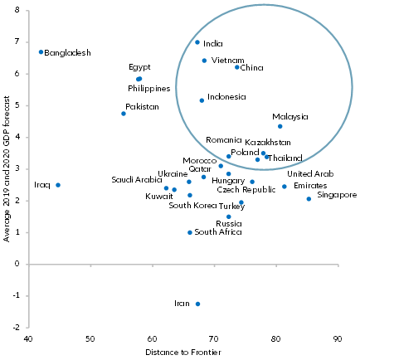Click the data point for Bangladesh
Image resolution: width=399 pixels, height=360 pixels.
[x=41, y=51]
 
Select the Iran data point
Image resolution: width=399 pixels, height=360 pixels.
[x=197, y=304]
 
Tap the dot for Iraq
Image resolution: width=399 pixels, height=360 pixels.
[x=57, y=185]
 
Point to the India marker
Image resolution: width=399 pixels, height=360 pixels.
[x=197, y=42]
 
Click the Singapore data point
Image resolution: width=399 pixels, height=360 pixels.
[x=309, y=199]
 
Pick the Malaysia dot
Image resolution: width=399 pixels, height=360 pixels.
[x=280, y=126]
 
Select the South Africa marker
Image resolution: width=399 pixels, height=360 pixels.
[x=190, y=232]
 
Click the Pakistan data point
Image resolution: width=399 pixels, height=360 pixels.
[x=124, y=114]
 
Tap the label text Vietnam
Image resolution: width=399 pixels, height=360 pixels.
[x=227, y=61]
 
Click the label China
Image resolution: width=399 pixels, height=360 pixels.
[x=251, y=67]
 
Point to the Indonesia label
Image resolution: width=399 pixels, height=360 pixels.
[x=226, y=97]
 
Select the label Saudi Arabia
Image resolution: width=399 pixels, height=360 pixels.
[x=137, y=179]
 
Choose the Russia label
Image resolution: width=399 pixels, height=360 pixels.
[x=228, y=223]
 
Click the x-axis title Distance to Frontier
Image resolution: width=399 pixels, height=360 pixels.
[x=183, y=354]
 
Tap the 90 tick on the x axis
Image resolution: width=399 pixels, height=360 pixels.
[x=338, y=338]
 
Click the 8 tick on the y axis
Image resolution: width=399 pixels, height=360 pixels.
[x=18, y=11]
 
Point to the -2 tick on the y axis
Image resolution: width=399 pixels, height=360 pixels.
[x=17, y=328]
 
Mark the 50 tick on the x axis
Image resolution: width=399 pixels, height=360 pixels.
[x=90, y=338]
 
